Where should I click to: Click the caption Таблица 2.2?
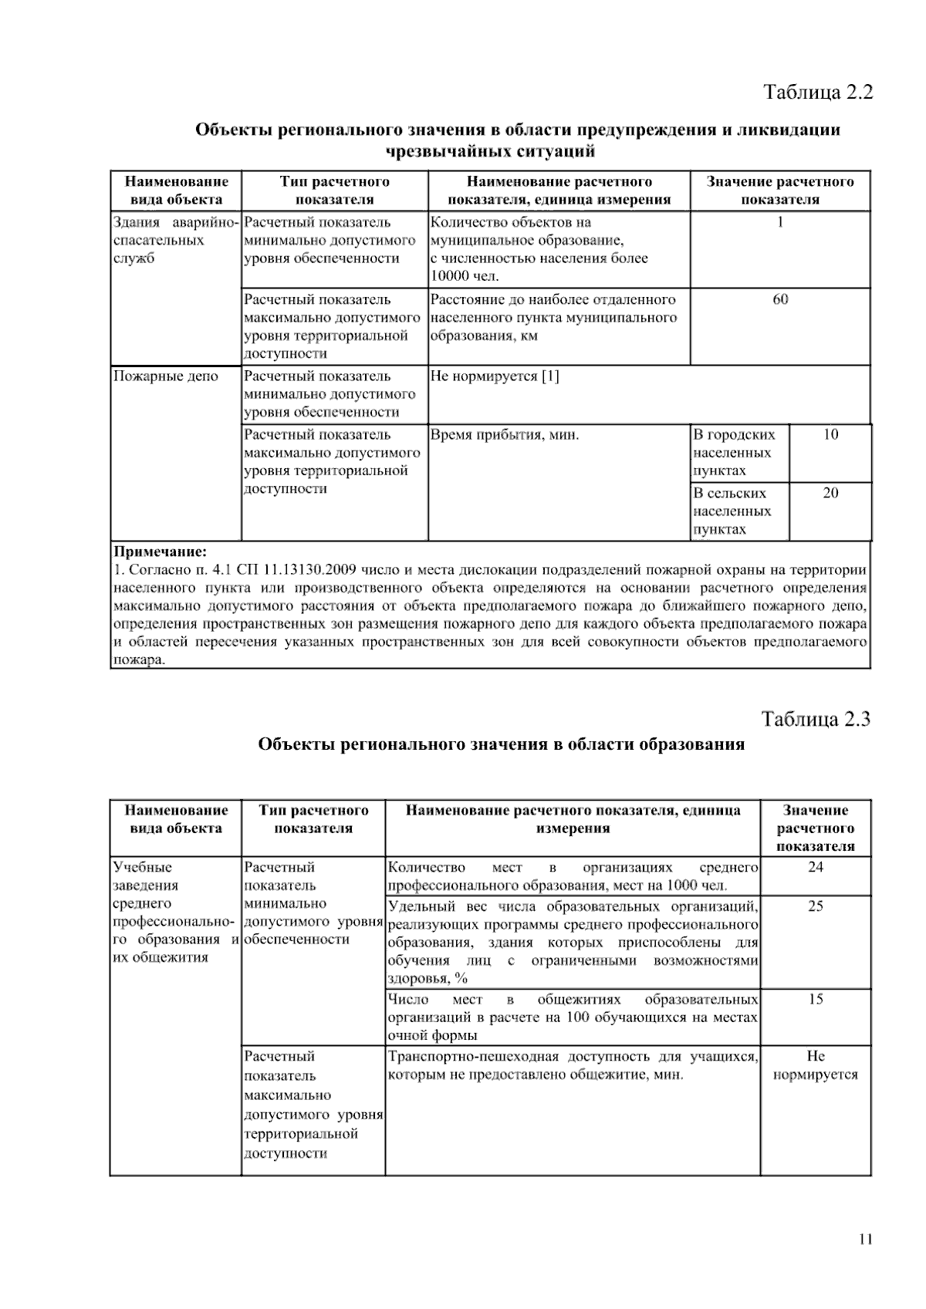[x=817, y=93]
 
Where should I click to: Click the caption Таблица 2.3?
[x=816, y=719]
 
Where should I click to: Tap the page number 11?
[x=864, y=1240]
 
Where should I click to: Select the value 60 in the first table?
[x=780, y=299]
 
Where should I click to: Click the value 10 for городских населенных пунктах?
[x=830, y=435]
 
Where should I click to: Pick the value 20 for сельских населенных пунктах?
[x=830, y=494]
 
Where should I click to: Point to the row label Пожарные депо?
[x=166, y=376]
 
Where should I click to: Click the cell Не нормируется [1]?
[x=495, y=376]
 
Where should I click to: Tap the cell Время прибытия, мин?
[x=505, y=435]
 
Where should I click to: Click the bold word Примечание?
[x=161, y=552]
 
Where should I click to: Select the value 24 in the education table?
[x=815, y=867]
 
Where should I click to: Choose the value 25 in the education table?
[x=815, y=906]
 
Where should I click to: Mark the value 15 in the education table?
[x=815, y=1000]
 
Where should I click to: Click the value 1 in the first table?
[x=780, y=222]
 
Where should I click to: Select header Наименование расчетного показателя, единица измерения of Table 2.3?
[x=573, y=819]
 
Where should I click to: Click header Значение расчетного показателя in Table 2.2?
[x=780, y=191]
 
